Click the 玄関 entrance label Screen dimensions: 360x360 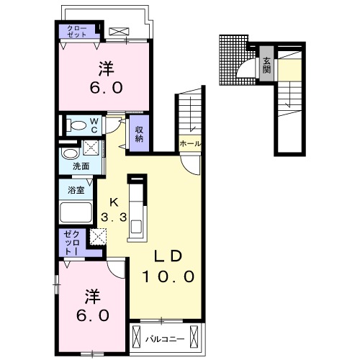coord(266,66)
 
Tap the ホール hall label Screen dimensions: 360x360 coord(190,144)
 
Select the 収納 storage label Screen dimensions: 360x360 coord(139,134)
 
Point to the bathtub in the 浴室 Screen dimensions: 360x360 coord(76,212)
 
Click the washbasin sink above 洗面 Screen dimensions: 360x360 coord(70,153)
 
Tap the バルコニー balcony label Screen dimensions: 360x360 coord(166,339)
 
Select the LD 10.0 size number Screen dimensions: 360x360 coord(168,276)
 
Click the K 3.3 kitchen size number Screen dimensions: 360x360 coord(114,217)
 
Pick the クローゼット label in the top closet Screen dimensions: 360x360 coord(77,31)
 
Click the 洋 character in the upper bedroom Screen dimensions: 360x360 coord(106,69)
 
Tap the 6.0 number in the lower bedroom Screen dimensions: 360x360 coord(93,315)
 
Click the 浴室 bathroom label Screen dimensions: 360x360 coord(76,190)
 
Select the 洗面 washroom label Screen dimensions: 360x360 coord(81,166)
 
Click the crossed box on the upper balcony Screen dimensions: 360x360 coord(119,32)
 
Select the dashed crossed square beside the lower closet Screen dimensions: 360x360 coord(98,237)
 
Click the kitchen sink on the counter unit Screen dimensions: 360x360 coord(136,226)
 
